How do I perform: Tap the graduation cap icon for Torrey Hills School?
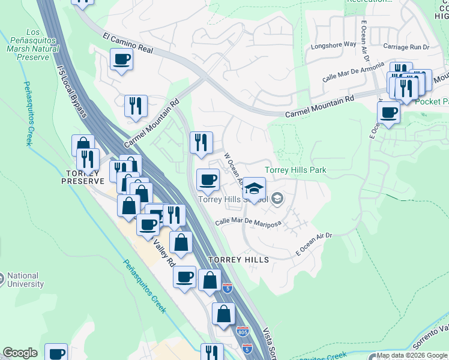(x=254, y=189)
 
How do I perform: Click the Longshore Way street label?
(x=331, y=46)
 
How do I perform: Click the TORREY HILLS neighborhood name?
(x=238, y=259)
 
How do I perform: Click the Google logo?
(x=20, y=353)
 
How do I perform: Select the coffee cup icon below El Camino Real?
(x=121, y=59)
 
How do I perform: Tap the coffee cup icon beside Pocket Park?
(x=388, y=112)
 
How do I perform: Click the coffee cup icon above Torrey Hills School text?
(x=208, y=179)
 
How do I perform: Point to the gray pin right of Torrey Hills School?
(x=277, y=197)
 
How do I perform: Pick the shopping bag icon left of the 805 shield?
(x=223, y=313)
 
